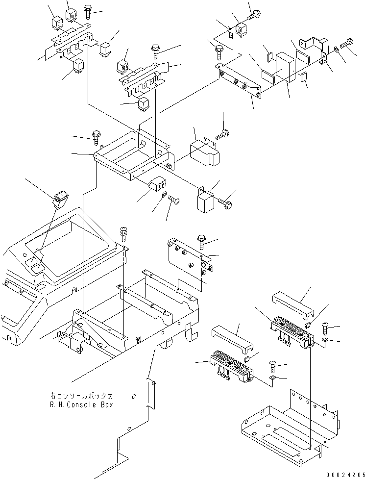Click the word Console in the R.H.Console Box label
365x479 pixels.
coord(89,404)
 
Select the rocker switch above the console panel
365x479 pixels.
coord(62,198)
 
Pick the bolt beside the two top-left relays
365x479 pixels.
coord(88,11)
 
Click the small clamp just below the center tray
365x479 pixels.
coord(155,185)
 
